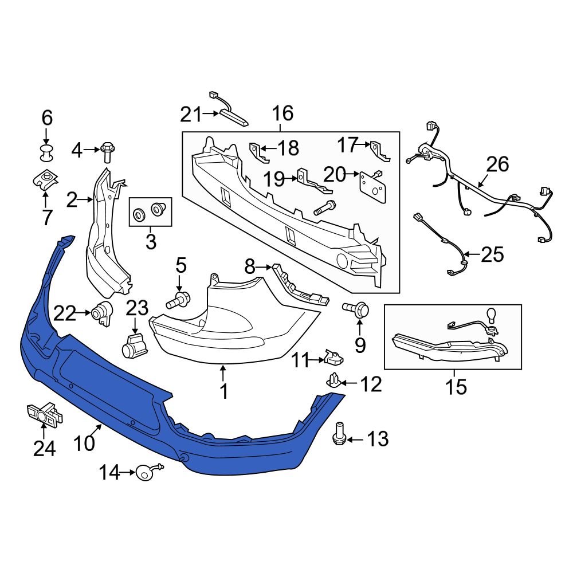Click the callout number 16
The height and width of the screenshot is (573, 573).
coord(282,113)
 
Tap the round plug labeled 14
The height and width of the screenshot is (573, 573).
coord(144,472)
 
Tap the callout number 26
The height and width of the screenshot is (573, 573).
coord(497,164)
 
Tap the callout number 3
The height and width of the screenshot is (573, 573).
coord(150,242)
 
